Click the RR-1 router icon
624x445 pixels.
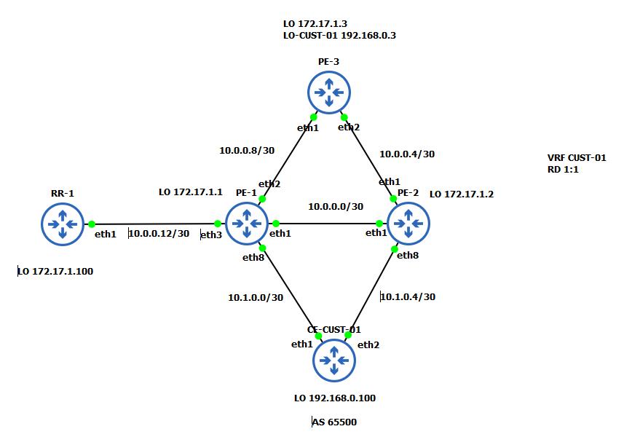(63, 224)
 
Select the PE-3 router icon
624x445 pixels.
(329, 91)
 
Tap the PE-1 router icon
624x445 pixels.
(248, 224)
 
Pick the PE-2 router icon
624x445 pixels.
(408, 224)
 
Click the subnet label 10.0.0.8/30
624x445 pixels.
(247, 151)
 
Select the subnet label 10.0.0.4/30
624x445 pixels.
(407, 154)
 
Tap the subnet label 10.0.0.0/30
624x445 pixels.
(335, 207)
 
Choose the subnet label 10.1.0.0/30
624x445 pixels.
(256, 297)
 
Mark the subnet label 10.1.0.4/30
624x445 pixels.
(408, 296)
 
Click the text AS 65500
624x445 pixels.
(334, 422)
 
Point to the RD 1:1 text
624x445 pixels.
(563, 169)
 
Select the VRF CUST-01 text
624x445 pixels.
(576, 157)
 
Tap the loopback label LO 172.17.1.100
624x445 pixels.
(55, 272)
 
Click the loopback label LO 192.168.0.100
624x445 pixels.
(334, 398)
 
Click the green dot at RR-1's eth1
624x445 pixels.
(92, 224)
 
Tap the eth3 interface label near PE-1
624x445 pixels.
(211, 235)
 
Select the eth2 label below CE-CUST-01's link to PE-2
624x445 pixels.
(368, 344)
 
